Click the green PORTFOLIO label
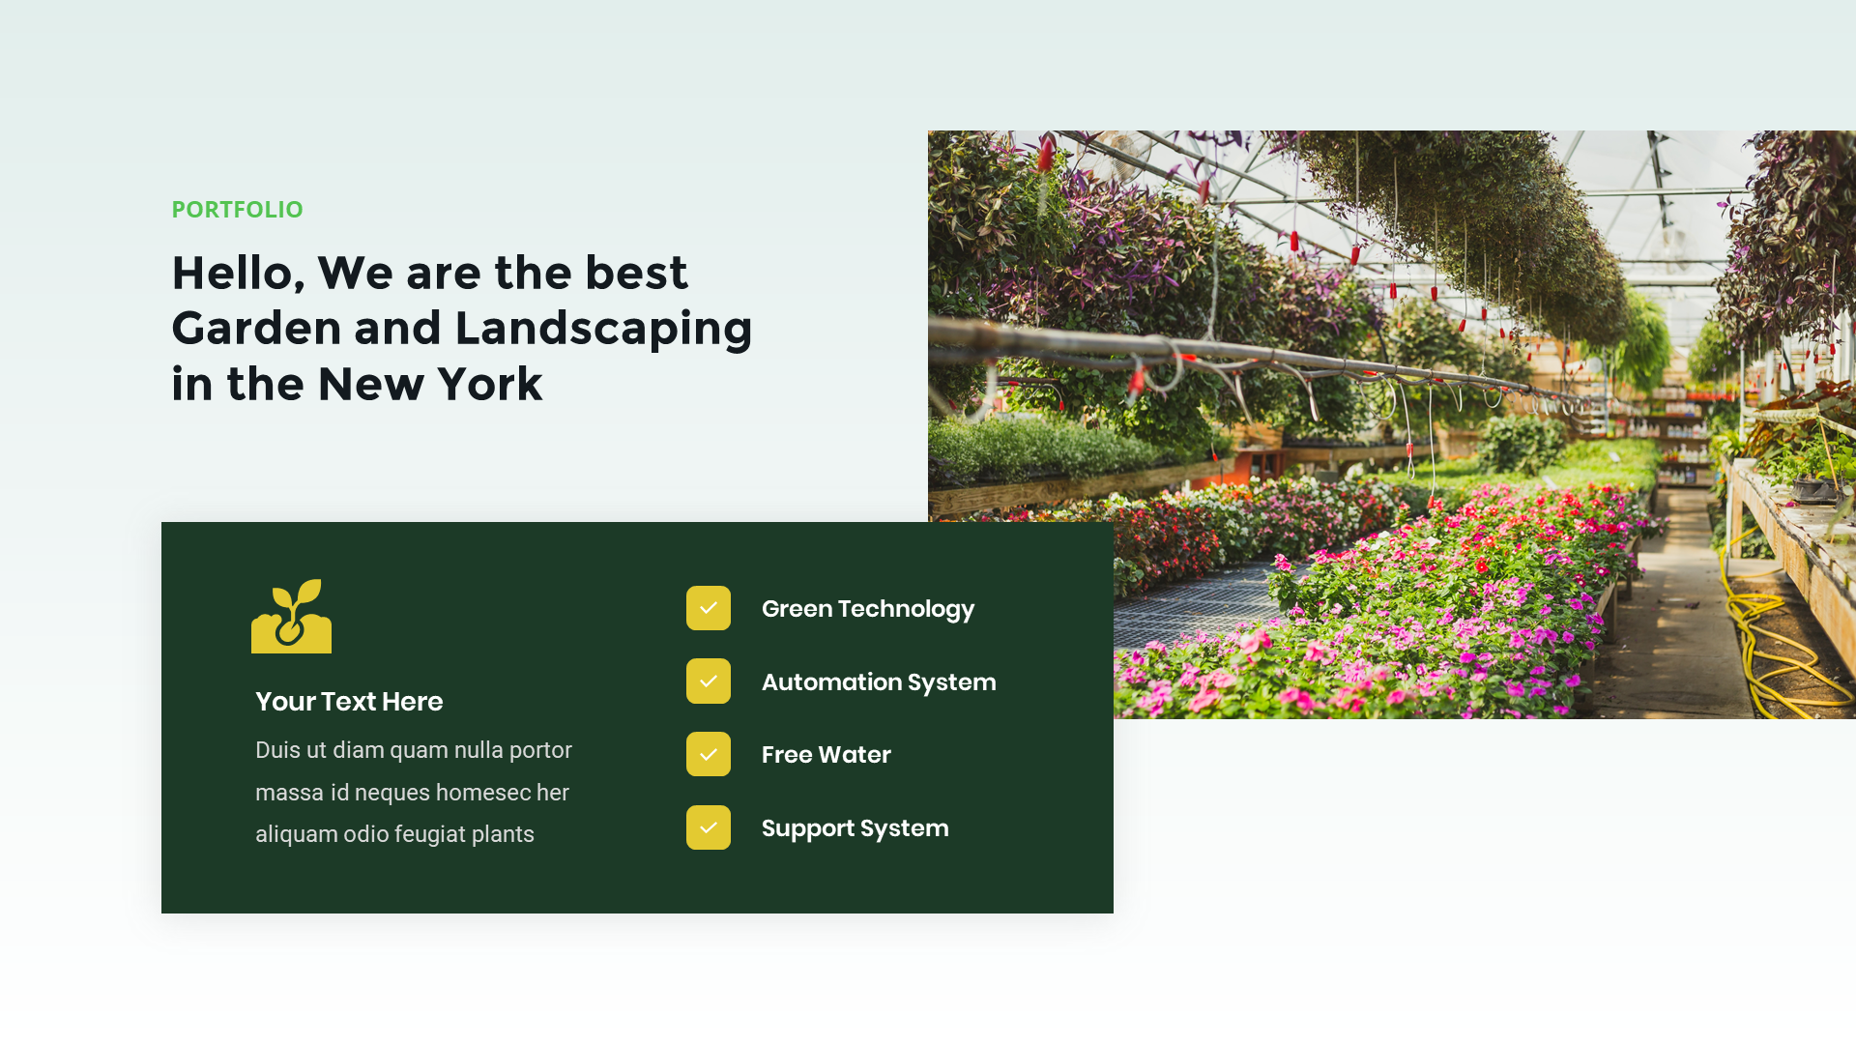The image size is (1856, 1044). (237, 210)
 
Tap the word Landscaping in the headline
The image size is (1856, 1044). (603, 330)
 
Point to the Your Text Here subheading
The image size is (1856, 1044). (349, 702)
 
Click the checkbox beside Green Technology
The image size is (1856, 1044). (709, 608)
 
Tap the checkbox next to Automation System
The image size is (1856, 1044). (709, 681)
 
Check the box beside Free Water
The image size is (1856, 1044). (709, 754)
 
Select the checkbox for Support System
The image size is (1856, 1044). (709, 827)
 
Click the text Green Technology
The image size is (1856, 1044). (867, 609)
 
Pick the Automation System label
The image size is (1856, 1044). (878, 682)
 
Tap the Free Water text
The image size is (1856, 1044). (826, 755)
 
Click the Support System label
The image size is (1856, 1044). (855, 828)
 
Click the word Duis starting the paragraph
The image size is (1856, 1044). (276, 750)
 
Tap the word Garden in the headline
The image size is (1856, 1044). (256, 329)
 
